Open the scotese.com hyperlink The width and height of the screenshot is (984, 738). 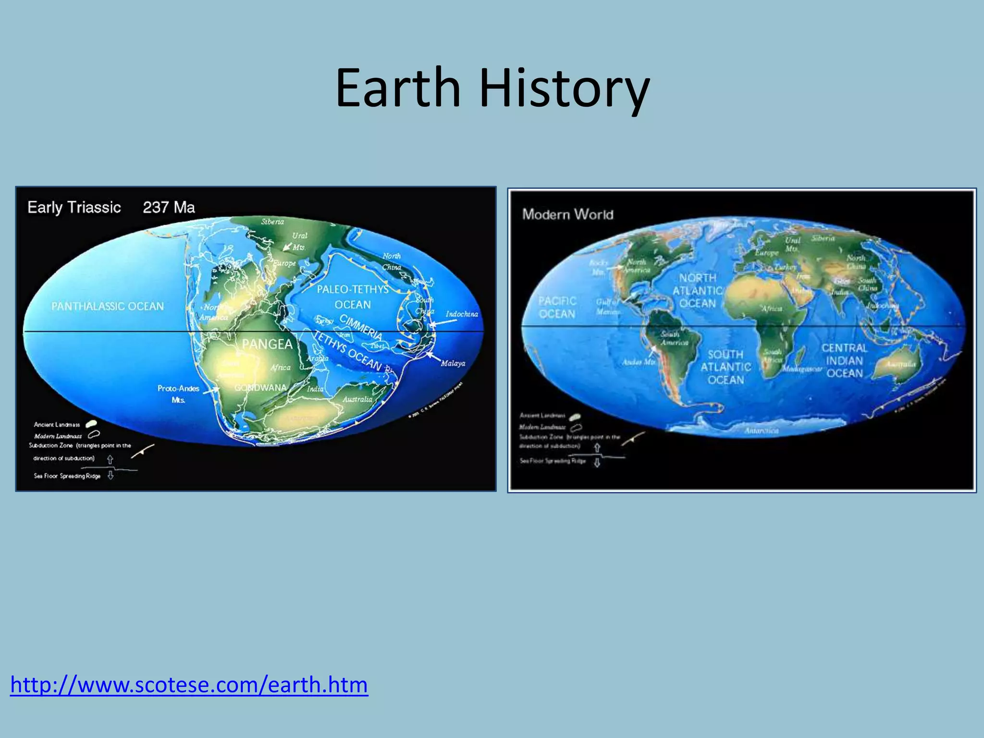tap(189, 684)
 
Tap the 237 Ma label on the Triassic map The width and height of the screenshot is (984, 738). tap(169, 208)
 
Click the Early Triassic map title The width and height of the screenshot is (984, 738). tap(74, 208)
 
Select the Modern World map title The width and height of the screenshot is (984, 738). tap(567, 214)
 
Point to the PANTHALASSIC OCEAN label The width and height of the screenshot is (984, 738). tap(108, 307)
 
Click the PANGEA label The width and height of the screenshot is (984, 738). tap(267, 344)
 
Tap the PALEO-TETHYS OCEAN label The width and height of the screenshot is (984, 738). tap(353, 297)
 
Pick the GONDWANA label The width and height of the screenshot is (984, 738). tap(260, 388)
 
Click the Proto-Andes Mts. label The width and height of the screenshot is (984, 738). tap(178, 394)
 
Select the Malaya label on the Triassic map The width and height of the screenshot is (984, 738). tap(453, 364)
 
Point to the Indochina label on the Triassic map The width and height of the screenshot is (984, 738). tap(462, 314)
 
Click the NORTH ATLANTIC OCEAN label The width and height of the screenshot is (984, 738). tap(698, 291)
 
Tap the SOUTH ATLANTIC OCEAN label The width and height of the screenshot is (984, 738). tap(726, 367)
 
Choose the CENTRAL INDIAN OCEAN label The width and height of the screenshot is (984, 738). tap(844, 360)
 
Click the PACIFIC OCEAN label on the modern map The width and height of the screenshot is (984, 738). tap(557, 307)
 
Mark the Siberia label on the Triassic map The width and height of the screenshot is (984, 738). tap(272, 222)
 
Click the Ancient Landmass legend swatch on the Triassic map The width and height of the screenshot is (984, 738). tap(91, 424)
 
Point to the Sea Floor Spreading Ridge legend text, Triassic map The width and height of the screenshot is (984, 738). tap(67, 476)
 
